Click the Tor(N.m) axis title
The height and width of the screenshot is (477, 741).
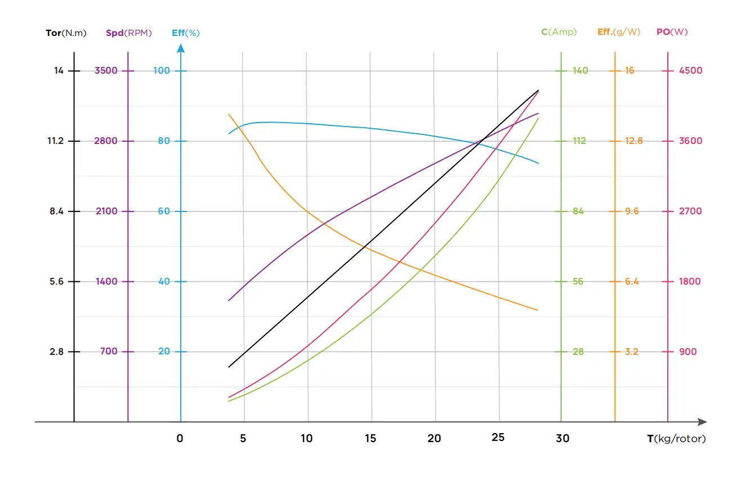pyautogui.click(x=66, y=33)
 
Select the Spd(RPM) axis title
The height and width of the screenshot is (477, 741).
pyautogui.click(x=128, y=33)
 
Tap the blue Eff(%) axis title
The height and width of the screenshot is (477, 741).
pyautogui.click(x=185, y=33)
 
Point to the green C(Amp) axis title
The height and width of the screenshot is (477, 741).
pyautogui.click(x=559, y=32)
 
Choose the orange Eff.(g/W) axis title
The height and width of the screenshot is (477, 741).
pyautogui.click(x=618, y=32)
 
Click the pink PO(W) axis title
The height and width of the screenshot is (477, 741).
pyautogui.click(x=672, y=32)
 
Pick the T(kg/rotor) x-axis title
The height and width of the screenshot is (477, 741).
pyautogui.click(x=676, y=439)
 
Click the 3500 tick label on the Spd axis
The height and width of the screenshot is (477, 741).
pyautogui.click(x=106, y=71)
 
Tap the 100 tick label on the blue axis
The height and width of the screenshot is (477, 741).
pyautogui.click(x=162, y=71)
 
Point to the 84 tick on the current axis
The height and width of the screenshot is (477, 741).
pyautogui.click(x=578, y=211)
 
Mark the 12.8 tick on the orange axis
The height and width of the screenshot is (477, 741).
pyautogui.click(x=633, y=141)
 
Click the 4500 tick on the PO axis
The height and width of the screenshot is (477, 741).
pyautogui.click(x=691, y=71)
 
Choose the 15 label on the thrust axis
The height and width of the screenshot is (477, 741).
pyautogui.click(x=370, y=439)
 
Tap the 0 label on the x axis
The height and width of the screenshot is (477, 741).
pyautogui.click(x=180, y=439)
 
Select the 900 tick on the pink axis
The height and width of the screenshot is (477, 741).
pyautogui.click(x=688, y=352)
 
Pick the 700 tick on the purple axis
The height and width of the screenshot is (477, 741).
pyautogui.click(x=109, y=352)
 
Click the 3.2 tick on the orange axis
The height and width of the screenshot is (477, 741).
pyautogui.click(x=631, y=352)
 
